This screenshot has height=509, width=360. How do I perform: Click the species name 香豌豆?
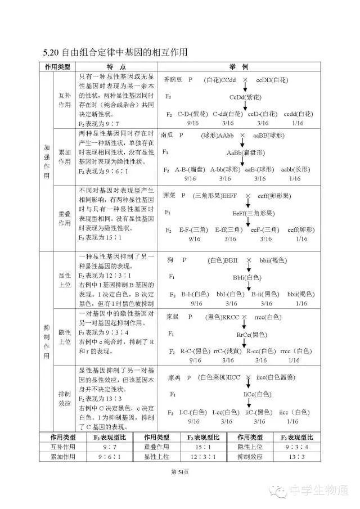point(173,80)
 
